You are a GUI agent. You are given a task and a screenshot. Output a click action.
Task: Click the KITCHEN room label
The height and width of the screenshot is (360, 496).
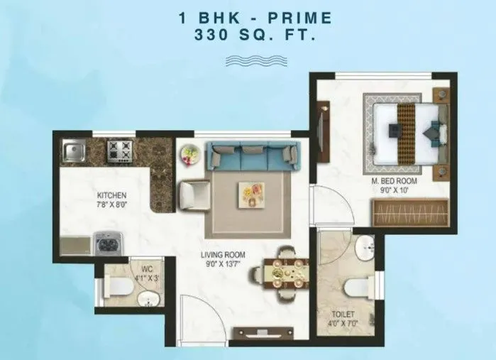tap(112, 195)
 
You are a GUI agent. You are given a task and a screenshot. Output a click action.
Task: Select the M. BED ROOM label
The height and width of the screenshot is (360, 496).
tap(394, 181)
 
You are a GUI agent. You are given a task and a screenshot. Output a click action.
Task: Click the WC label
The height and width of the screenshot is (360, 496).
tap(148, 268)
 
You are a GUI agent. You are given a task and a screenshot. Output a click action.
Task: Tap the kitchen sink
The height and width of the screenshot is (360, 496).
tap(73, 150)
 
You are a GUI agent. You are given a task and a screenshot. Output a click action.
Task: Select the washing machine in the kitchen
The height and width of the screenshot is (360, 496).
tap(106, 244)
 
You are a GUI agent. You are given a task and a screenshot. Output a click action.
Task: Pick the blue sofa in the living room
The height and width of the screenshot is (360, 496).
tap(252, 155)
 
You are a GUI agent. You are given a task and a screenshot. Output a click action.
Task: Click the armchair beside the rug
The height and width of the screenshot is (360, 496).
tap(194, 193)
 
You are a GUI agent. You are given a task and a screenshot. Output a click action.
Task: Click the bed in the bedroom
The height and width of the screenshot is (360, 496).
tap(404, 131)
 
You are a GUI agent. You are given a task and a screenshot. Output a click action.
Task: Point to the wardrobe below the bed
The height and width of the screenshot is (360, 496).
tap(410, 212)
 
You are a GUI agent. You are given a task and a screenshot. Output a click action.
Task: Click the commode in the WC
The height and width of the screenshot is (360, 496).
tap(116, 287)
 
